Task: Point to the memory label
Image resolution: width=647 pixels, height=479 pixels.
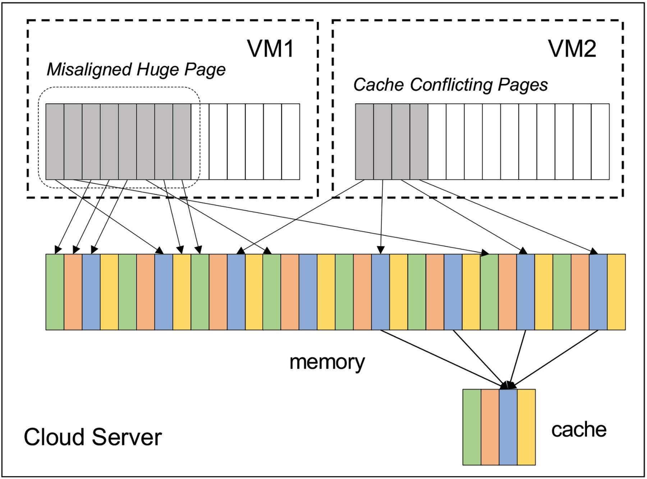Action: (x=327, y=362)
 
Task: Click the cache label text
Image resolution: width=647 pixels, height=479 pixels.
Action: (x=579, y=430)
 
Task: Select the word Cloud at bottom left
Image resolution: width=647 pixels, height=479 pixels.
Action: (x=55, y=437)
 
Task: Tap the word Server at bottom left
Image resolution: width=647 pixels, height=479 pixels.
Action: (x=127, y=437)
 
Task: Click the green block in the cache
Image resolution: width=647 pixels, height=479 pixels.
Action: (x=472, y=427)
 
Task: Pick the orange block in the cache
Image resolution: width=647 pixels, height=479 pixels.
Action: (x=490, y=427)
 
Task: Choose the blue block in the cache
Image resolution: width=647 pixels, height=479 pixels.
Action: (x=508, y=427)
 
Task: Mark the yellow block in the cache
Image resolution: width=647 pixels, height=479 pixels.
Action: (x=526, y=427)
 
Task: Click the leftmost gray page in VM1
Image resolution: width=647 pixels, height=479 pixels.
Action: (x=55, y=141)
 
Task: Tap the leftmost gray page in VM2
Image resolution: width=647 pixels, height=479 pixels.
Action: (x=364, y=141)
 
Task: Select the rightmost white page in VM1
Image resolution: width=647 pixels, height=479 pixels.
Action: (x=290, y=141)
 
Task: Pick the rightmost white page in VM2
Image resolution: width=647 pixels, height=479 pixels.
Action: (x=600, y=141)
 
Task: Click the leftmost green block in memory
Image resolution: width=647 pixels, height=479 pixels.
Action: (x=55, y=292)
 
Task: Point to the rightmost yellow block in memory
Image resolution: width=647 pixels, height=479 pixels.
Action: (x=616, y=292)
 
